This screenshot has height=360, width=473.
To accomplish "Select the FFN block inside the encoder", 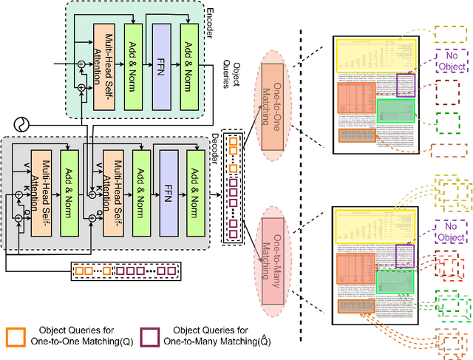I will (162, 52).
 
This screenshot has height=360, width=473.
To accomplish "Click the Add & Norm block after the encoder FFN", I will (190, 52).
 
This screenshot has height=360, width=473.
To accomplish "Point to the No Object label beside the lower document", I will (451, 232).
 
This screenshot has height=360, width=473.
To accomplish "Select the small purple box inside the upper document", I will (406, 85).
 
